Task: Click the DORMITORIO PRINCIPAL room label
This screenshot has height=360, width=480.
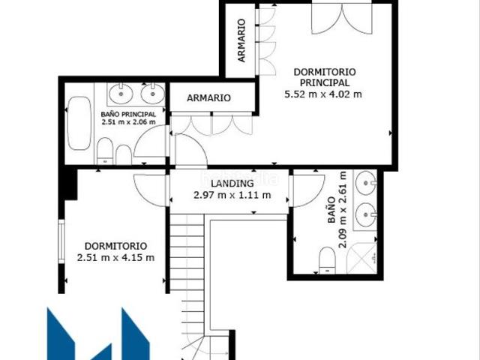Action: pos(324,77)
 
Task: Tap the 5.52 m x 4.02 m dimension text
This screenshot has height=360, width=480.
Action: pos(324,94)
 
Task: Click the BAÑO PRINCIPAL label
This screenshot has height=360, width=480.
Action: pos(128,114)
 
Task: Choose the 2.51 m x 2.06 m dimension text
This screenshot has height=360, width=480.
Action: pos(128,122)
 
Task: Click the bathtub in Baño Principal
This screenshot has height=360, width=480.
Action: pos(79,124)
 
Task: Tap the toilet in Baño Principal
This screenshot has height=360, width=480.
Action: pos(106,154)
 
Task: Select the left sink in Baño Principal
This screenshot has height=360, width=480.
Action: pos(120,93)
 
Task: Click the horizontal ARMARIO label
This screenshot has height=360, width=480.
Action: pos(208,98)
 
